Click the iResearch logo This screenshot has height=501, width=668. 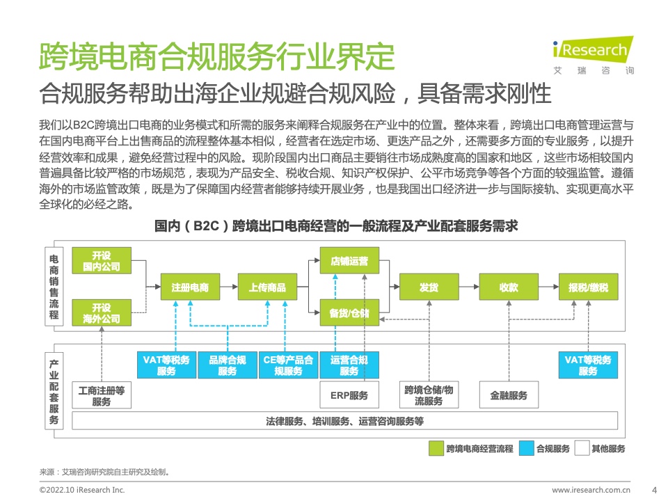593,56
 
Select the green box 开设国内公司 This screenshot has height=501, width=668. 102,261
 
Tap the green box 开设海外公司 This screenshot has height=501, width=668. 102,313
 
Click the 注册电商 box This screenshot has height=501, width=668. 190,287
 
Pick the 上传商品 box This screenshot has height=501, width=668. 267,287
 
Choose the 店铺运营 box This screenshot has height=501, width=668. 349,261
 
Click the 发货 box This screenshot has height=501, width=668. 429,287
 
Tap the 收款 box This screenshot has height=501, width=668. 509,287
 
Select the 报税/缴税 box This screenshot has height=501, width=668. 589,287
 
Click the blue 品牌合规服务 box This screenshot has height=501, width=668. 228,365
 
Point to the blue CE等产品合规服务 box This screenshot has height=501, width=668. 288,365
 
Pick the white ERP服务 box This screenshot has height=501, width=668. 349,395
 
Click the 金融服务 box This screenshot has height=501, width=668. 509,395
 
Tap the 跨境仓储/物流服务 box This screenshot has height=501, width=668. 429,395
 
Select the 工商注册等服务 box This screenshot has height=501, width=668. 102,395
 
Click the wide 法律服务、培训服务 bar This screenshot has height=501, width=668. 344,421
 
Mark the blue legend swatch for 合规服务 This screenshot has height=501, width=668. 527,448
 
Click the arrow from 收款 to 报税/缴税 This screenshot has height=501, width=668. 549,287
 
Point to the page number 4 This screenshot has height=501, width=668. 654,490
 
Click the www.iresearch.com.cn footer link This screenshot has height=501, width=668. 591,490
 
